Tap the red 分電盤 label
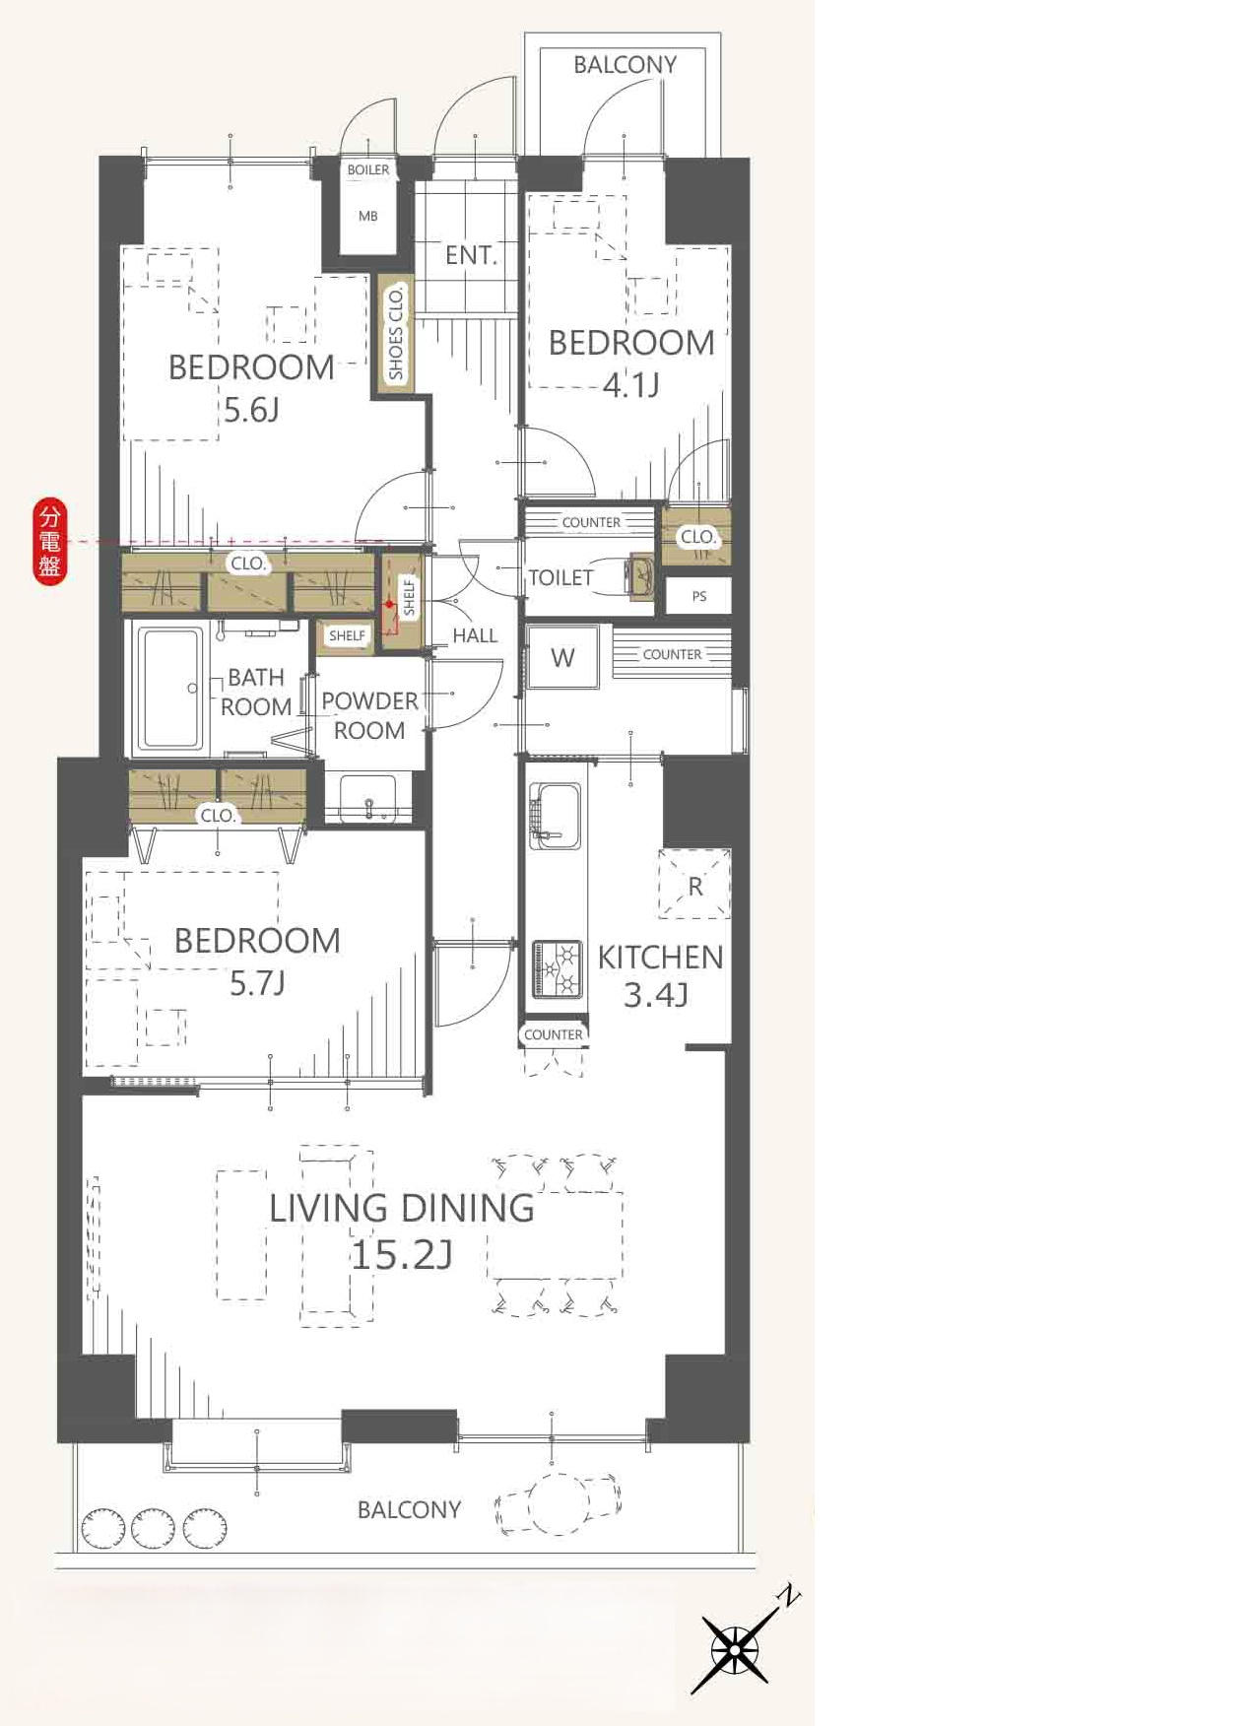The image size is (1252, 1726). coord(49,542)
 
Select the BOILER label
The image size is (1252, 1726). coord(368,169)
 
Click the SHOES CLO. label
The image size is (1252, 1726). coord(396,333)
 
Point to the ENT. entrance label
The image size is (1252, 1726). coord(471,255)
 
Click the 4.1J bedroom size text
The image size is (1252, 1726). coord(630,384)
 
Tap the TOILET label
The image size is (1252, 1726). coord(560,577)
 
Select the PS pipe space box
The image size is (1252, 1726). coord(698,596)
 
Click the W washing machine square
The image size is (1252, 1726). coord(562,657)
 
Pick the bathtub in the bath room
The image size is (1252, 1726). coord(172,690)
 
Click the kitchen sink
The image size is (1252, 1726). coord(555,816)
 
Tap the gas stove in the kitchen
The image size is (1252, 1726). coord(558,969)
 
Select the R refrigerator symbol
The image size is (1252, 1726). coord(695,884)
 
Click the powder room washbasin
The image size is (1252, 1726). coord(368,798)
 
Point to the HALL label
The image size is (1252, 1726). coord(475,635)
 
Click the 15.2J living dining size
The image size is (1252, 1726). coord(402,1255)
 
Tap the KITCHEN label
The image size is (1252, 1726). coord(660,957)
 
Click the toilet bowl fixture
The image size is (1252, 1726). coord(640,576)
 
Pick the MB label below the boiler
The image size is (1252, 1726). coord(367,216)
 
